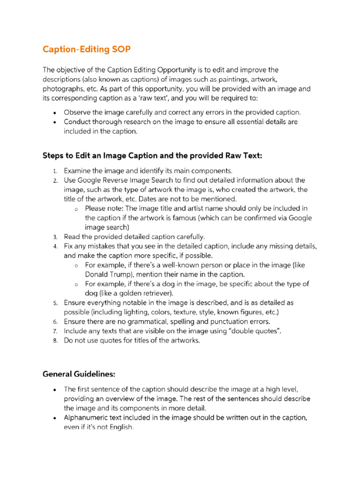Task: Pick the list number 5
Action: pyautogui.click(x=55, y=303)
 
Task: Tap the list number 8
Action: pyautogui.click(x=55, y=341)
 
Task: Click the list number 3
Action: pyautogui.click(x=55, y=237)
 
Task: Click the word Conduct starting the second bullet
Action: pyautogui.click(x=78, y=122)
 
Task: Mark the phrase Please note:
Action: pyautogui.click(x=105, y=208)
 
